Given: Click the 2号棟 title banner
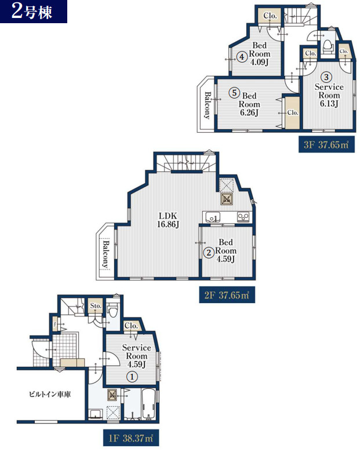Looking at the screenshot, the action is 34,12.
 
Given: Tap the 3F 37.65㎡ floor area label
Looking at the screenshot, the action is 326,144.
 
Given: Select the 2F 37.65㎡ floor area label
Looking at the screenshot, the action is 227,295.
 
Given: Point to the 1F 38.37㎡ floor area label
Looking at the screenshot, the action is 131,438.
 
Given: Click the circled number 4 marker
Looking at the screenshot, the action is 242,57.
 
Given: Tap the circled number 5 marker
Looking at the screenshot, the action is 234,93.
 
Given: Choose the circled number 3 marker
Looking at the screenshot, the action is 326,77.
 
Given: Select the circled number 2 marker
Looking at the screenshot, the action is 209,253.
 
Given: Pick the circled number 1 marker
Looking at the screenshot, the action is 132,377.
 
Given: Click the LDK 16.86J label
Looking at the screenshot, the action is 168,220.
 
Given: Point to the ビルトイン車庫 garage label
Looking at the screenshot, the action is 50,394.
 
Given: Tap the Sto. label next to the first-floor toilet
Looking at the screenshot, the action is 96,305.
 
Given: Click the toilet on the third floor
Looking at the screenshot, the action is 327,47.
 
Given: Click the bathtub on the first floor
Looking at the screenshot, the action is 148,404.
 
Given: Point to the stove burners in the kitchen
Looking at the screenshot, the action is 243,217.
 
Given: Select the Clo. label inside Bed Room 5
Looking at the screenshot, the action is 293,112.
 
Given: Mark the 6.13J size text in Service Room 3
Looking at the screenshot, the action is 329,104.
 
